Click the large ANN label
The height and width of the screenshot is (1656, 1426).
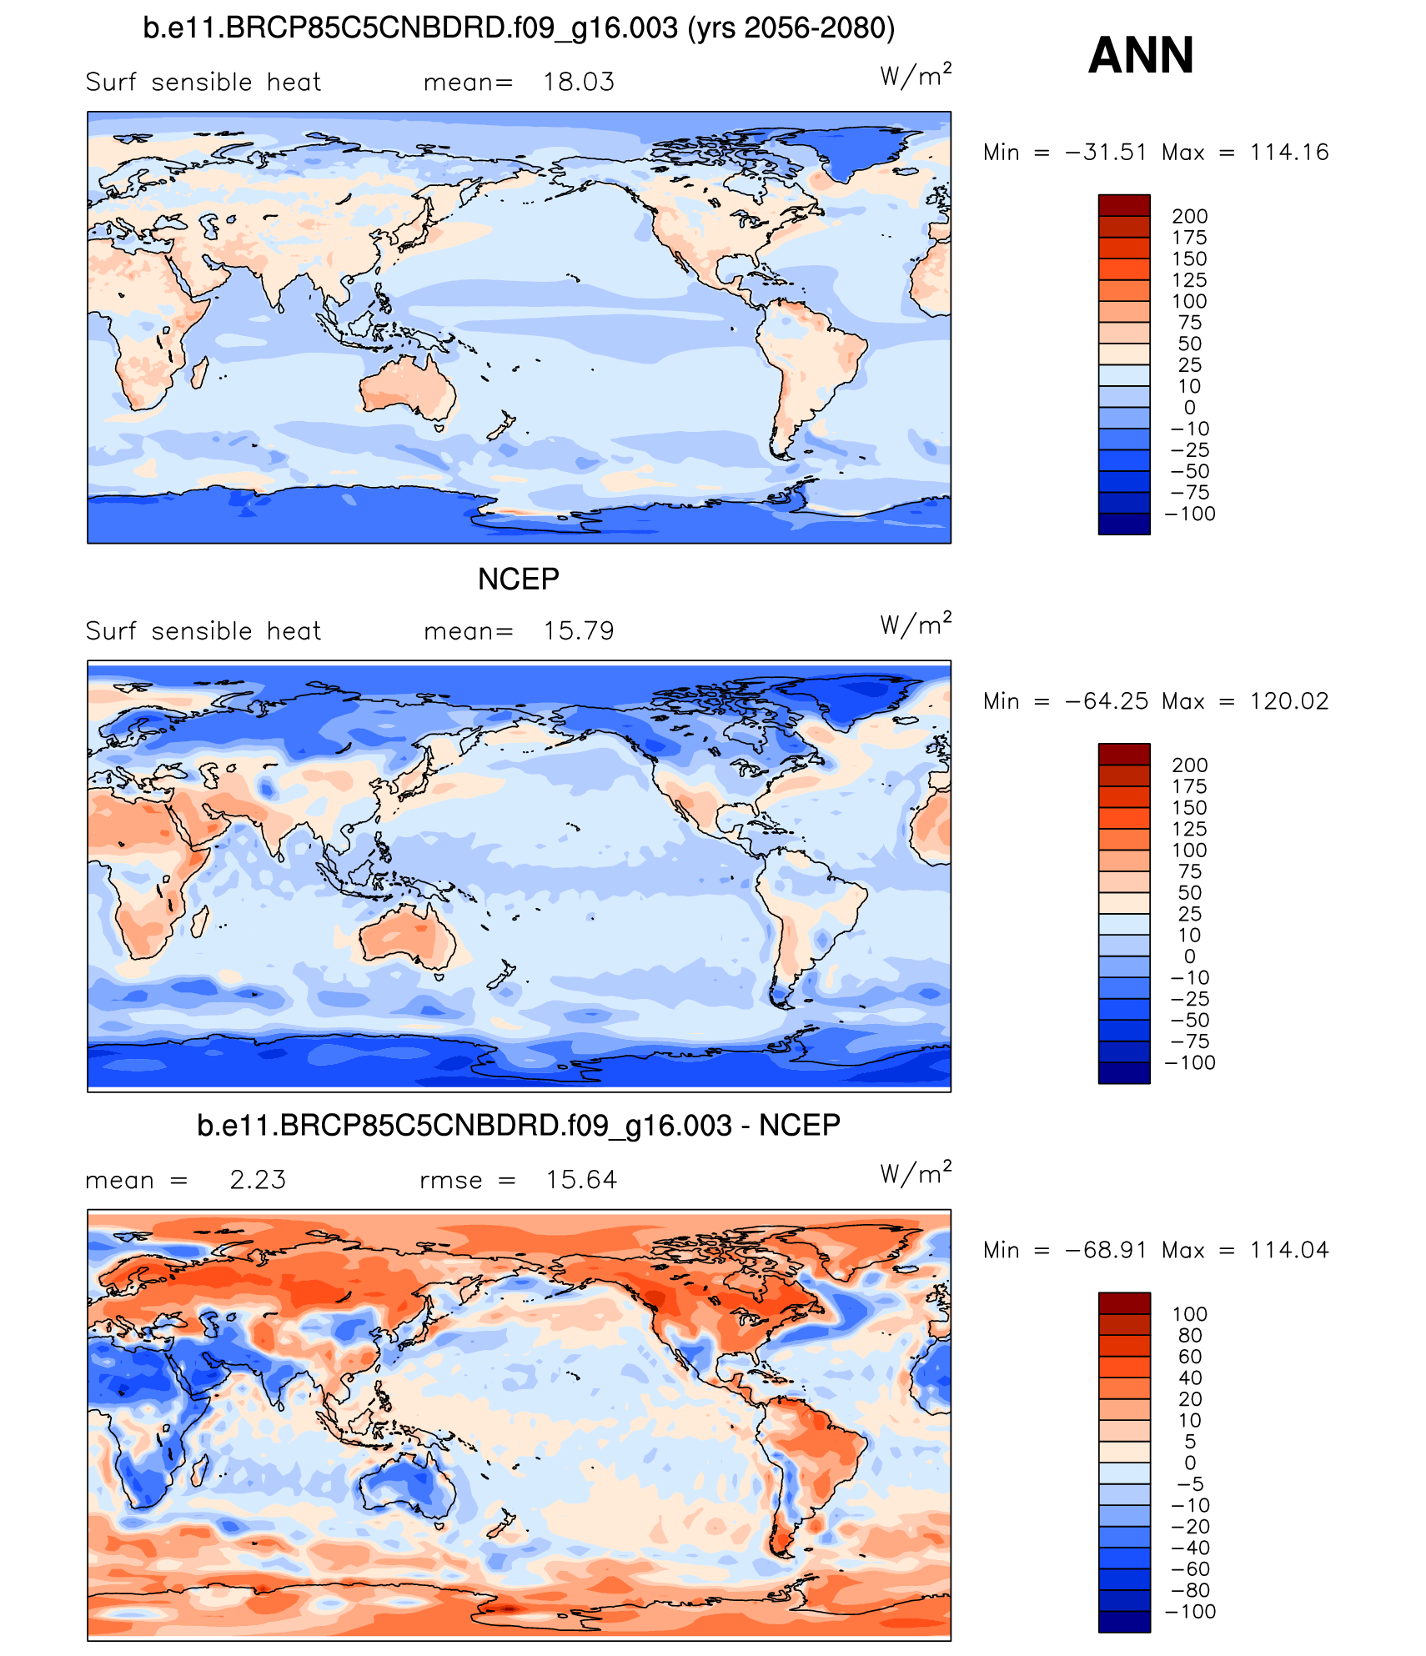[1141, 55]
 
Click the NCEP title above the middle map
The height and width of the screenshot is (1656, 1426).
[518, 579]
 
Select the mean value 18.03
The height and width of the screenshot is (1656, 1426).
[579, 82]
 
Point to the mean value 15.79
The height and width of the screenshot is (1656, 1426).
[579, 630]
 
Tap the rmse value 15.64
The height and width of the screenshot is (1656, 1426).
[581, 1179]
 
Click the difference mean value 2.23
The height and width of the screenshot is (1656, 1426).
[258, 1179]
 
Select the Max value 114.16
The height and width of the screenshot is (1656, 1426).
[1288, 152]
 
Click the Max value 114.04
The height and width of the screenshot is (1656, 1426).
[1288, 1249]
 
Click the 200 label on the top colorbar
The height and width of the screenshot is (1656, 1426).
[1189, 216]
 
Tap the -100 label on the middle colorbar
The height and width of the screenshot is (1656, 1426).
[1190, 1062]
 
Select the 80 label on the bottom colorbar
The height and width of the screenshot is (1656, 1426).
[1190, 1335]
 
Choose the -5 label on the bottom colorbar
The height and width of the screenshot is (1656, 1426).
[1190, 1483]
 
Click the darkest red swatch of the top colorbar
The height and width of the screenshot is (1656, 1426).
[1123, 205]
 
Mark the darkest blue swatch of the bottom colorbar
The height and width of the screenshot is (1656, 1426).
[1123, 1622]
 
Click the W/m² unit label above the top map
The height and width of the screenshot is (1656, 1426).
[915, 76]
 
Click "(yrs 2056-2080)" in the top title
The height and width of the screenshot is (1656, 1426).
[791, 28]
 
